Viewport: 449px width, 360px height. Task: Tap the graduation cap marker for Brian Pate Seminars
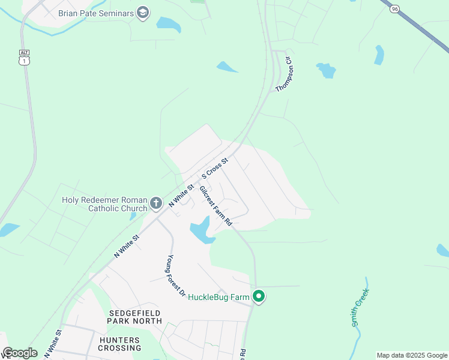click(x=143, y=13)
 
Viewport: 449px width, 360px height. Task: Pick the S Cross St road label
click(x=216, y=169)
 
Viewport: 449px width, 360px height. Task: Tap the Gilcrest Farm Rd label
click(x=215, y=205)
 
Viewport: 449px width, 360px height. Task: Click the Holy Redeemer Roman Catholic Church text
click(x=105, y=204)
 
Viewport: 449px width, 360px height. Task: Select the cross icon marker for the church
click(x=155, y=203)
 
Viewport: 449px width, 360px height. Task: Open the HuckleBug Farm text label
click(x=218, y=296)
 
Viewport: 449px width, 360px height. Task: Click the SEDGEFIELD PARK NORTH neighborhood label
click(x=136, y=317)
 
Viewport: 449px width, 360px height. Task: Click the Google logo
click(x=20, y=353)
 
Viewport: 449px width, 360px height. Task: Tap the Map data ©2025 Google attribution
click(x=412, y=355)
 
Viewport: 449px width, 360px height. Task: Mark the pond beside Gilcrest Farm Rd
click(x=200, y=231)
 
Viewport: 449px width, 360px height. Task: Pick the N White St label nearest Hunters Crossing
click(x=53, y=344)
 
